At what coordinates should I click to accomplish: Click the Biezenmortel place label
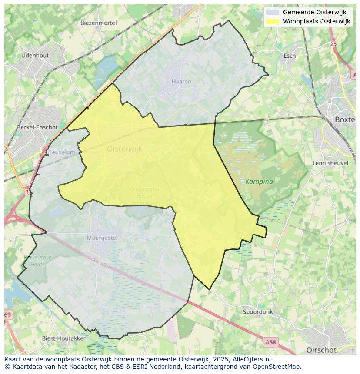click(x=99, y=23)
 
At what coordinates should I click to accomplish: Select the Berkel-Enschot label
click(x=37, y=127)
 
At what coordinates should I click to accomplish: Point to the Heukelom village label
click(x=61, y=152)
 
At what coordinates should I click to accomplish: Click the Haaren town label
click(x=181, y=82)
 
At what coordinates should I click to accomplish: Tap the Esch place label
click(x=290, y=56)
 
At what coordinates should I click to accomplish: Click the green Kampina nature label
click(x=259, y=182)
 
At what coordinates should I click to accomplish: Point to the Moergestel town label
click(x=102, y=238)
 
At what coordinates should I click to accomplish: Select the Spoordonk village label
click(x=258, y=312)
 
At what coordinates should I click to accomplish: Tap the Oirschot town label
click(x=321, y=350)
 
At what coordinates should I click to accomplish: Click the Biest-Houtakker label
click(x=63, y=338)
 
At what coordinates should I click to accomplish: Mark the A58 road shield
click(x=270, y=342)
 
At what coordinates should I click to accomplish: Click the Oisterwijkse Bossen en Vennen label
click(x=145, y=195)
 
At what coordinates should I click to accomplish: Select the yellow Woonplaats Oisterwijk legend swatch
click(x=273, y=21)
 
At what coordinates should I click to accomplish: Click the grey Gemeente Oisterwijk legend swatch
click(x=273, y=12)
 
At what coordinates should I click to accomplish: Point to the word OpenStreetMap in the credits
click(x=275, y=366)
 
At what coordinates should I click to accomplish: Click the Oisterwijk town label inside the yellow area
click(x=124, y=149)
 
